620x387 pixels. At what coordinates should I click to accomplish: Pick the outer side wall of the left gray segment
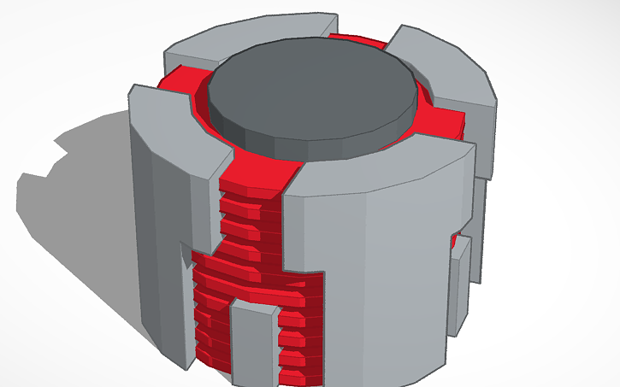(158, 222)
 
